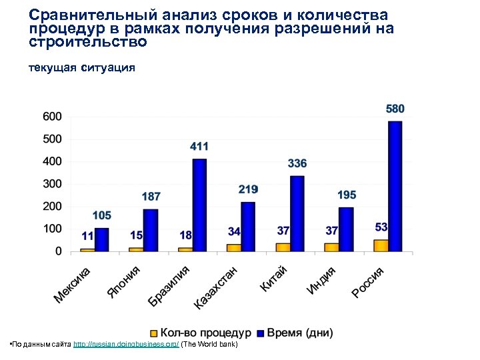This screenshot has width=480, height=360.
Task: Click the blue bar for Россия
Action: pyautogui.click(x=395, y=186)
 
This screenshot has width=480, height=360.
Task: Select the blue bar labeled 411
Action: pyautogui.click(x=199, y=205)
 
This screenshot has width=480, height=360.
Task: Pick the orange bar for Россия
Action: pyautogui.click(x=381, y=245)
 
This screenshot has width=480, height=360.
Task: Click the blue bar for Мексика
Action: pyautogui.click(x=101, y=239)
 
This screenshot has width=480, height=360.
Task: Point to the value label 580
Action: pyautogui.click(x=395, y=108)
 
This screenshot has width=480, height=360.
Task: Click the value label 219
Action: pyautogui.click(x=248, y=190)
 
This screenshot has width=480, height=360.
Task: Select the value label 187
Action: pyautogui.click(x=151, y=197)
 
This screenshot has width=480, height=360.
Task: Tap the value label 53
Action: pyautogui.click(x=381, y=227)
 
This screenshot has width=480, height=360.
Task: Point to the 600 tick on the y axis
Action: pyautogui.click(x=53, y=117)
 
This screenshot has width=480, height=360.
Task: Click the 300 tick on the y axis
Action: pyautogui.click(x=53, y=184)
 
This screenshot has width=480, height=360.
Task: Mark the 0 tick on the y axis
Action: pyautogui.click(x=58, y=251)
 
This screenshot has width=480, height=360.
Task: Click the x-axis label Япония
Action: pyautogui.click(x=125, y=281)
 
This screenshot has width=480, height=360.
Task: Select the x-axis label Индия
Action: pyautogui.click(x=321, y=279)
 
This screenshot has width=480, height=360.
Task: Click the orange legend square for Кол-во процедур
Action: pyautogui.click(x=153, y=332)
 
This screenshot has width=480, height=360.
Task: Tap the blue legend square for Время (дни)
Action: pyautogui.click(x=261, y=332)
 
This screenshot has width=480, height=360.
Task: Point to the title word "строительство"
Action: pyautogui.click(x=87, y=41)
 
